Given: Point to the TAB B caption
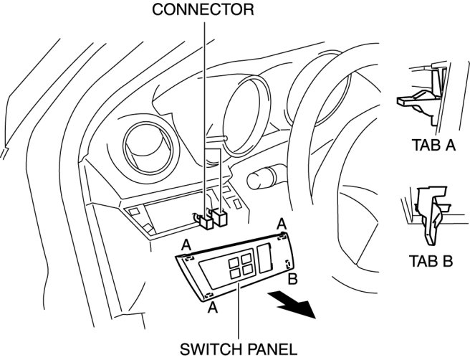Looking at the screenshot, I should tap(431, 260).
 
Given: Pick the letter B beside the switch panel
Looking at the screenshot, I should tap(292, 278).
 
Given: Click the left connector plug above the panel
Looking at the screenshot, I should tap(204, 219).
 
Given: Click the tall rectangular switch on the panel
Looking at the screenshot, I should tap(264, 257).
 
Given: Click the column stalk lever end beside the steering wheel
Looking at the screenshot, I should tap(257, 177).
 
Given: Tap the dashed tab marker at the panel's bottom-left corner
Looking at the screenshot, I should tap(208, 295).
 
